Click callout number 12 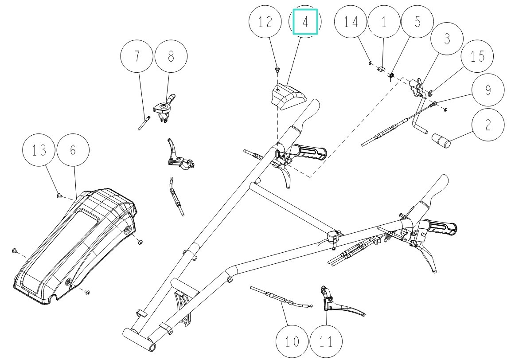[x=265, y=22]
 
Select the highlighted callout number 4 [x=305, y=22]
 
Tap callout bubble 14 [x=351, y=22]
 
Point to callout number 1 [x=384, y=22]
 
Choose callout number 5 [x=417, y=22]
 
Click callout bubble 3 [x=447, y=39]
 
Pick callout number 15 [x=477, y=57]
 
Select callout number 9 [x=488, y=90]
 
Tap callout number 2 [x=488, y=125]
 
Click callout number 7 [x=137, y=56]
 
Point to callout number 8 [x=171, y=56]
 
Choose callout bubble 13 [x=39, y=150]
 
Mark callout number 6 [x=73, y=150]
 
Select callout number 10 [x=292, y=342]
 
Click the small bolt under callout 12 [x=277, y=69]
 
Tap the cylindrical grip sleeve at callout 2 [x=441, y=141]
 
